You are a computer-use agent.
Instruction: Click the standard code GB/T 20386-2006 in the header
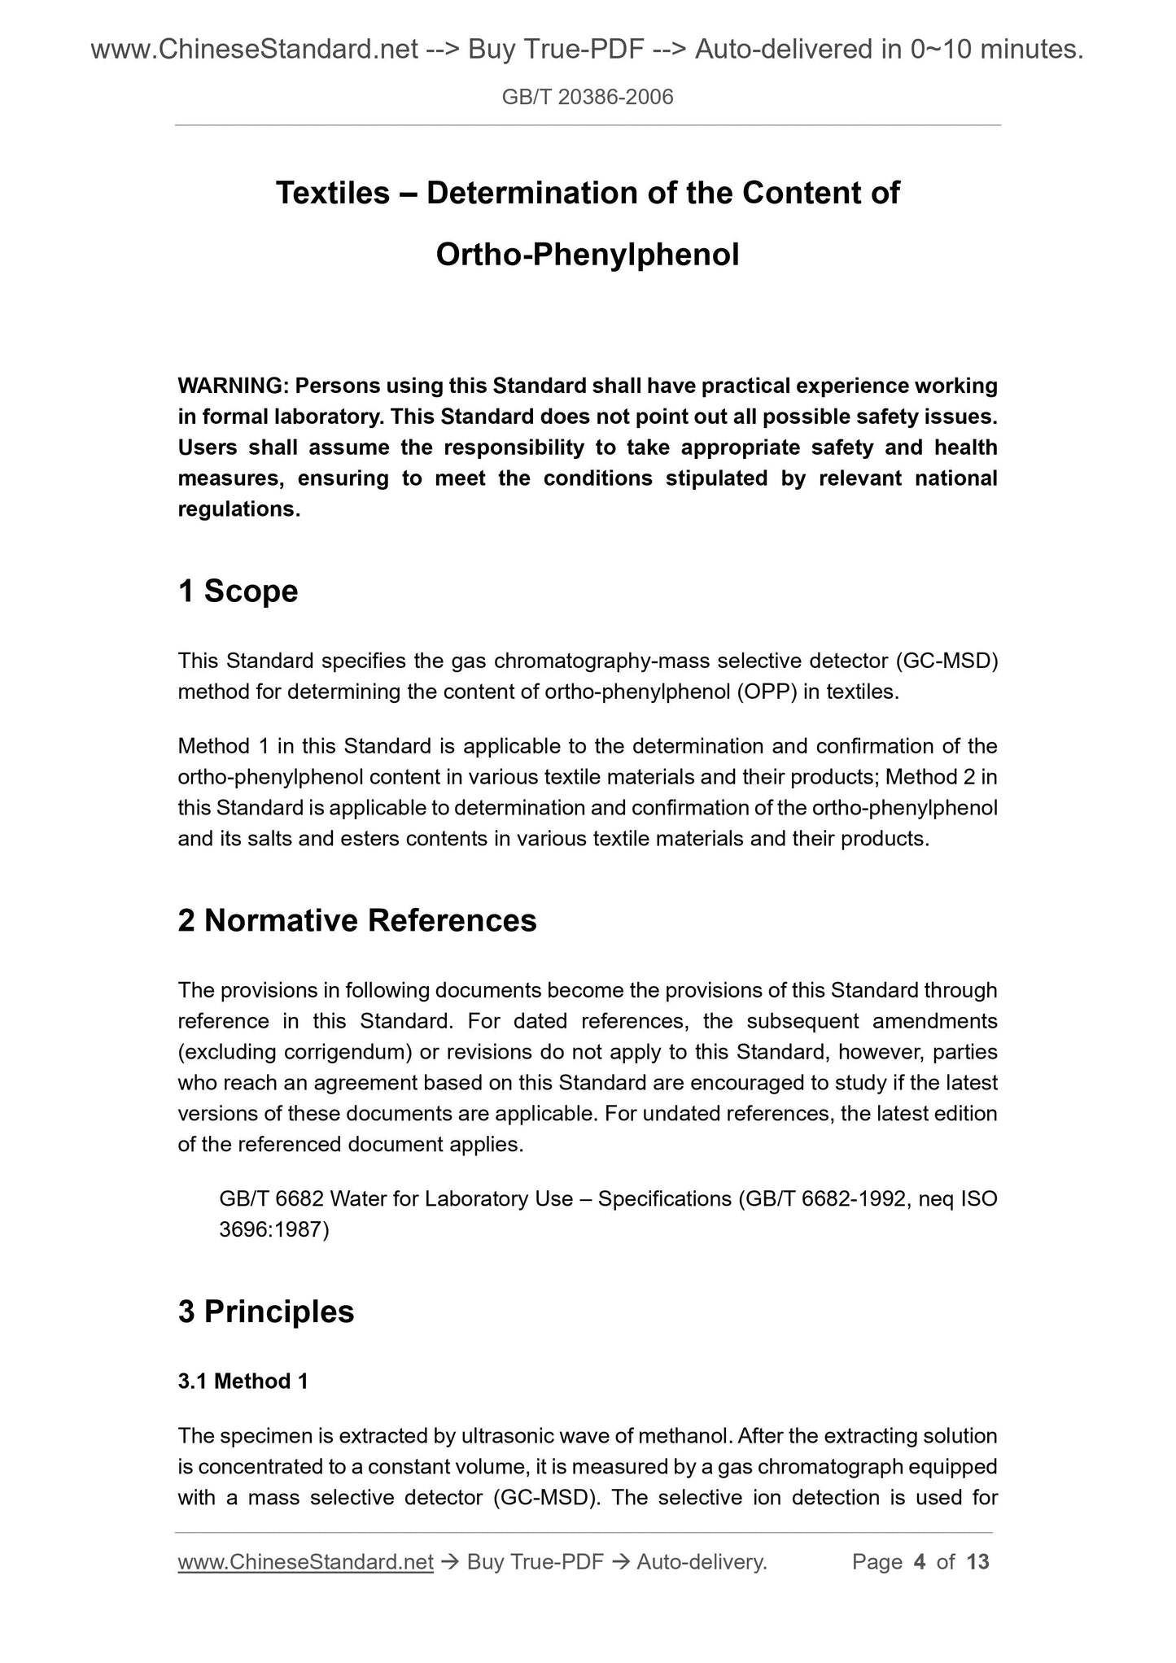coord(588,98)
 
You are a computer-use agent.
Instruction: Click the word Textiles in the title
coord(332,193)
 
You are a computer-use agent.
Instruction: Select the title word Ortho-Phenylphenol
coord(588,255)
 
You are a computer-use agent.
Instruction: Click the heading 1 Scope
coord(238,591)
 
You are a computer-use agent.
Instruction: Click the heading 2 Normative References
coord(357,920)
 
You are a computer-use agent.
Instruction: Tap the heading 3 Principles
coord(266,1312)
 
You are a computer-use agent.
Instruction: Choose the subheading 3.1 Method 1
coord(243,1381)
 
